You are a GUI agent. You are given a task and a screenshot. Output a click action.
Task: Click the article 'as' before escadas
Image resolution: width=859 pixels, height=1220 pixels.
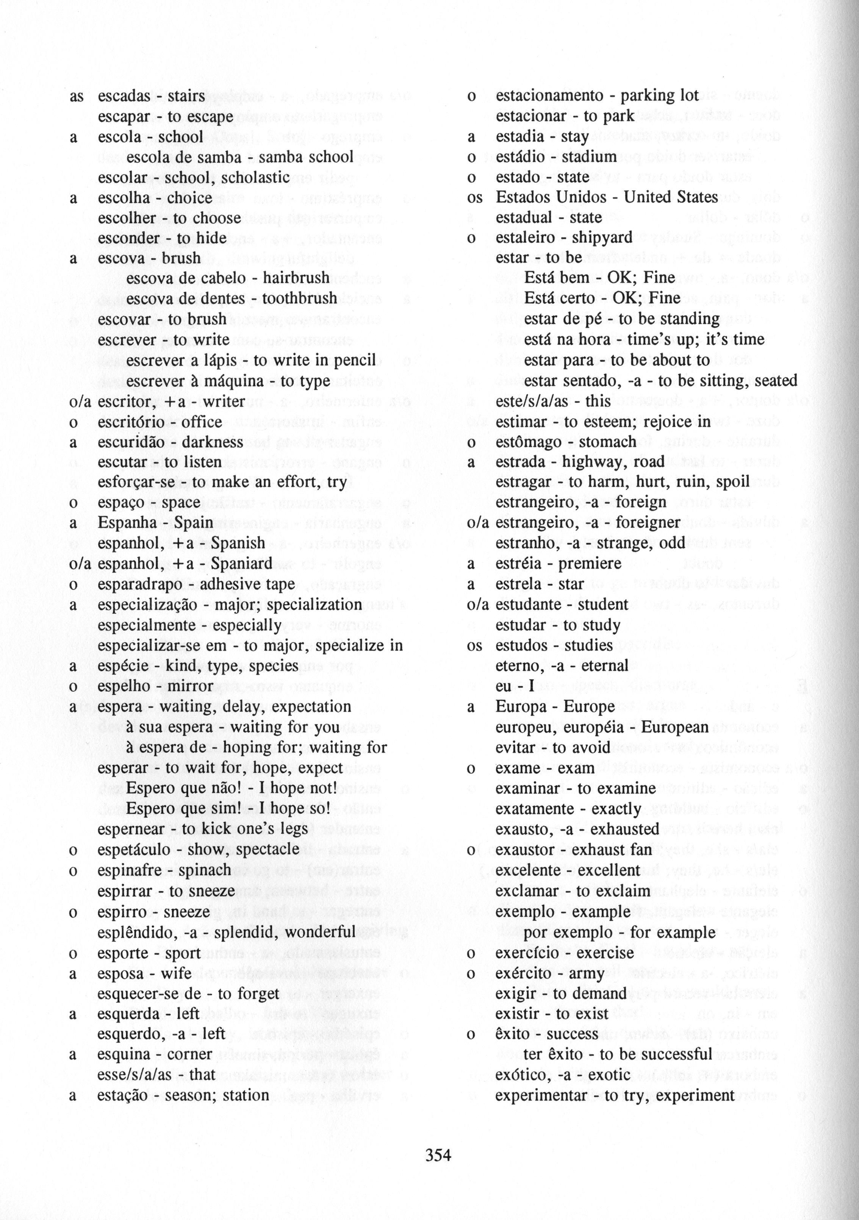click(x=77, y=96)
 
